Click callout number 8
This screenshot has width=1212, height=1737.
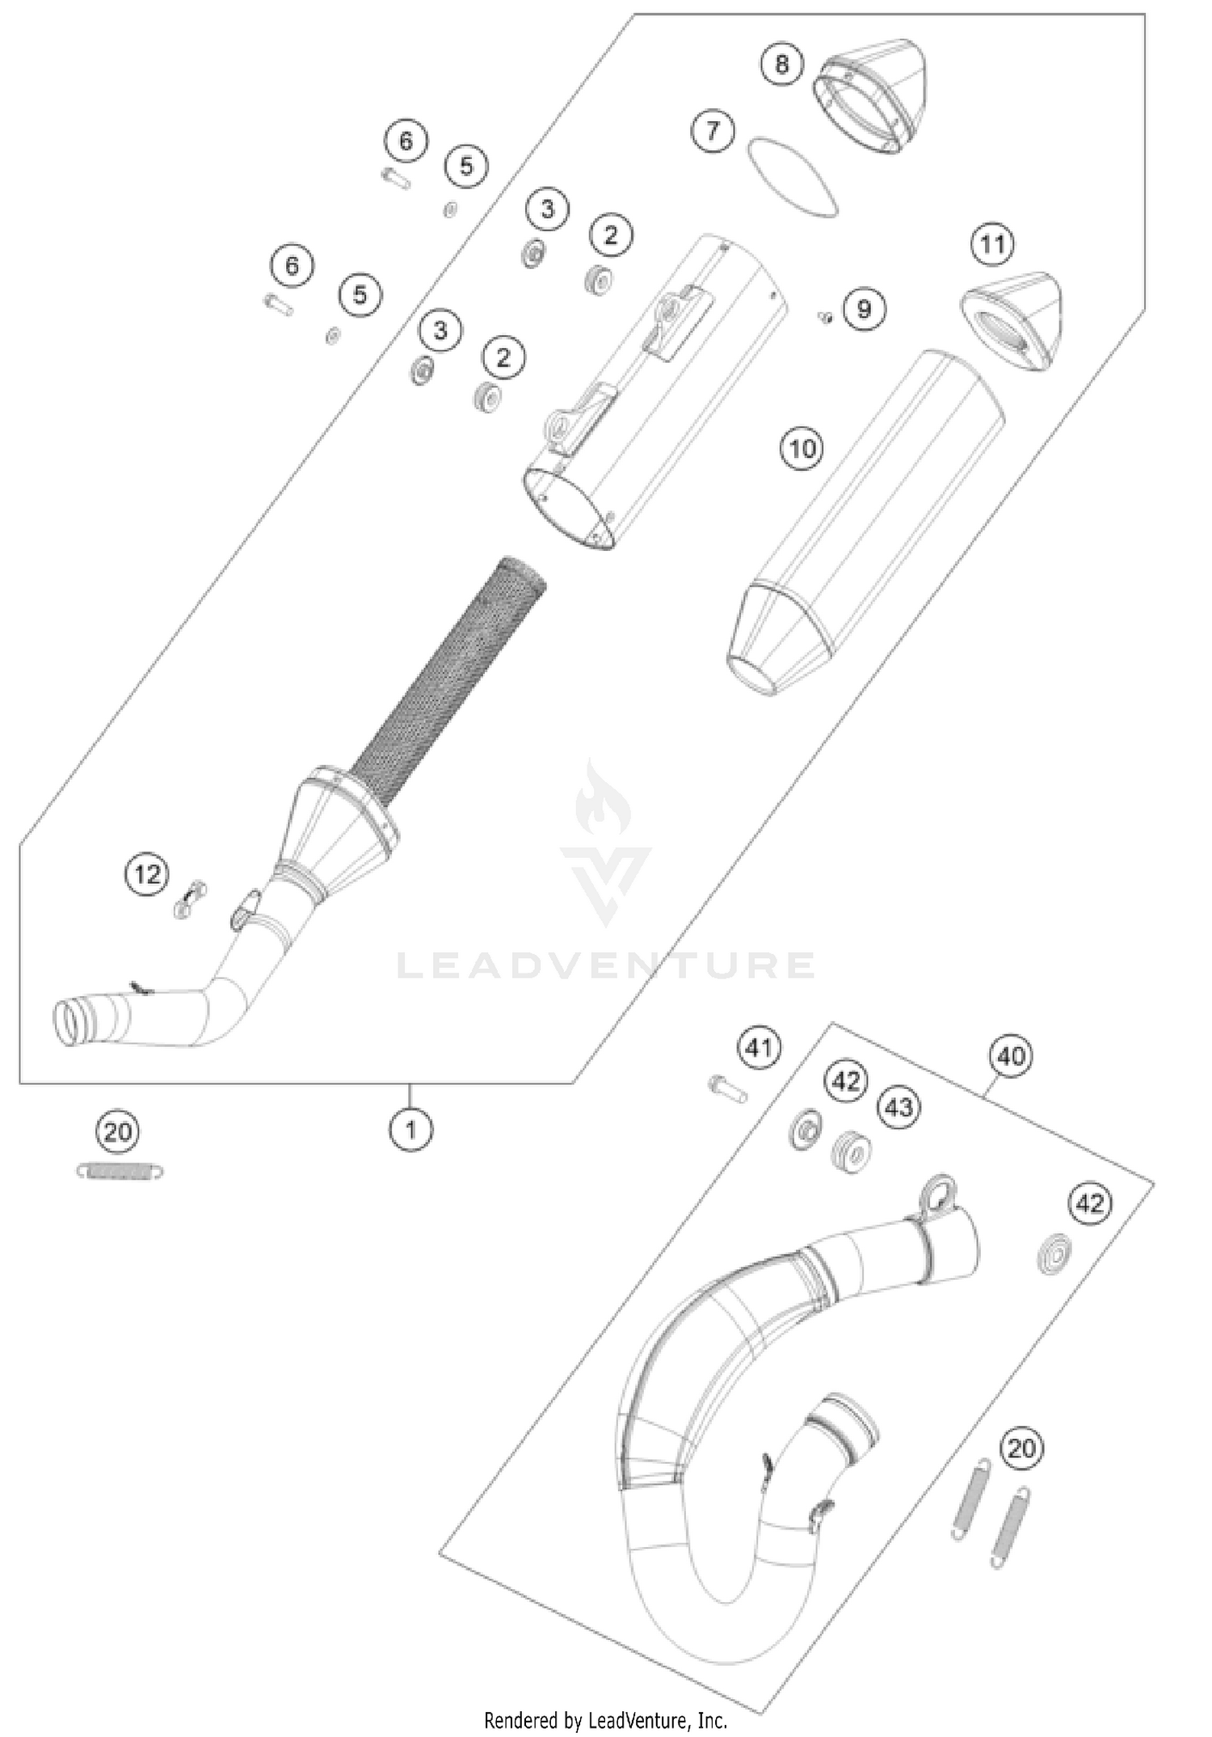[x=781, y=64]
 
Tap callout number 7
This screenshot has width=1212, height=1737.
[x=713, y=131]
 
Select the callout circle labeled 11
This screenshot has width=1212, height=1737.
[x=992, y=244]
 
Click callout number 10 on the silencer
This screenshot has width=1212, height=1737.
[x=802, y=448]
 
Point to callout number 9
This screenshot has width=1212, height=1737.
[x=864, y=309]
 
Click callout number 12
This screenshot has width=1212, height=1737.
[x=147, y=874]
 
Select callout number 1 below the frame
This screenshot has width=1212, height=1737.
[x=410, y=1129]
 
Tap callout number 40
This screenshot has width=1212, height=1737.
[x=1011, y=1056]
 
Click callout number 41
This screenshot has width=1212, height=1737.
[x=759, y=1048]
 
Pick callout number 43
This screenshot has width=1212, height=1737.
[x=898, y=1106]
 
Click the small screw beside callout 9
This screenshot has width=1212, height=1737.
[x=825, y=317]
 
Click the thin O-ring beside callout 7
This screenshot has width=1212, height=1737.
[x=792, y=178]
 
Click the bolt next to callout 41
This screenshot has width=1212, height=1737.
[x=727, y=1088]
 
